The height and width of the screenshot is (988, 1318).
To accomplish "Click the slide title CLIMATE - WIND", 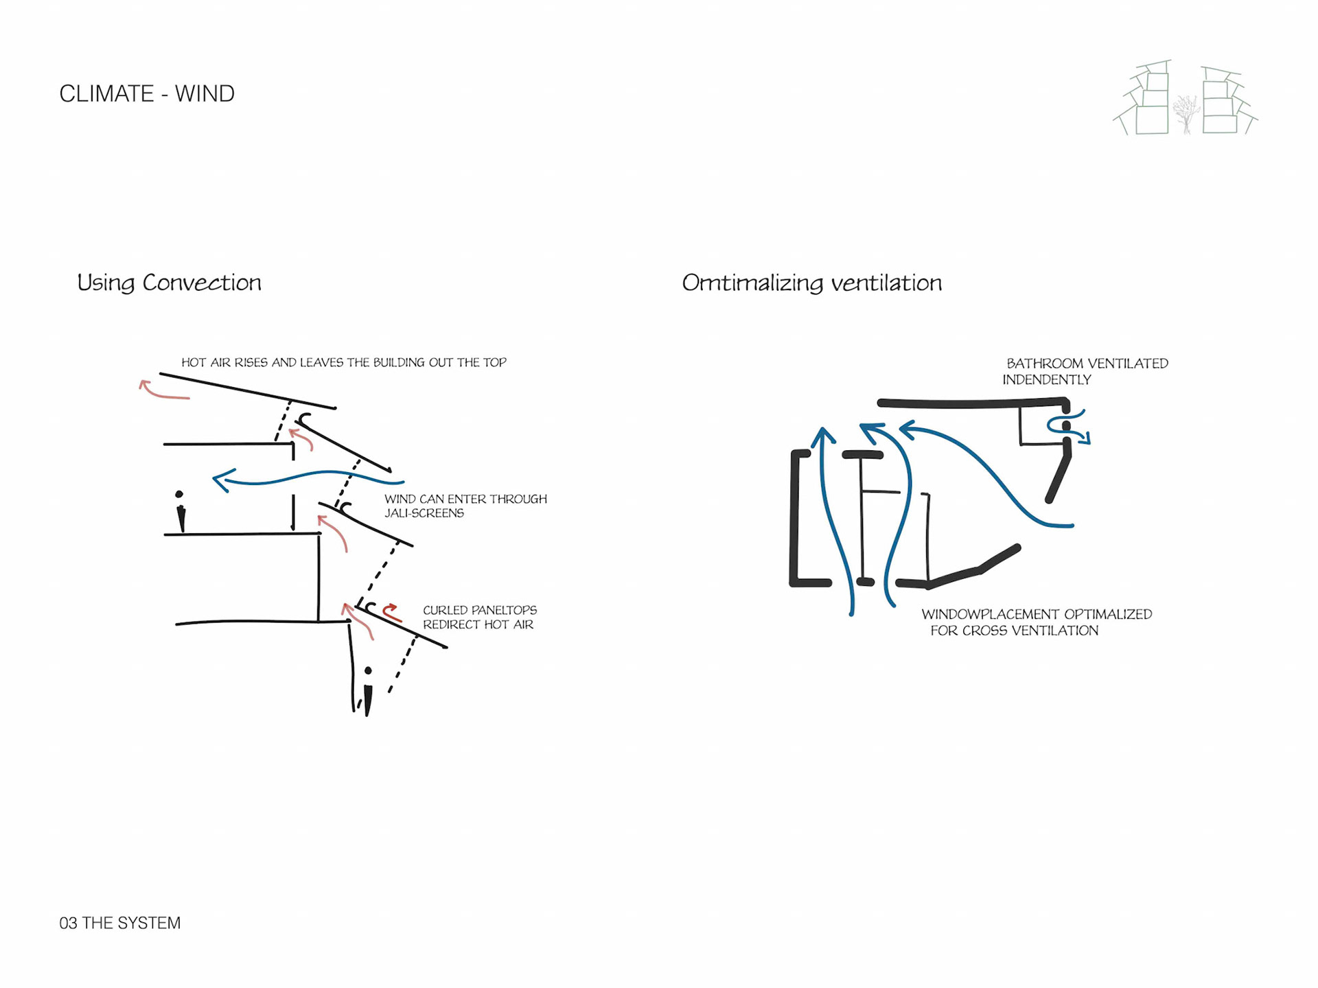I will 147,93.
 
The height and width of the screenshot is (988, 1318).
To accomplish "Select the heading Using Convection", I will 169,283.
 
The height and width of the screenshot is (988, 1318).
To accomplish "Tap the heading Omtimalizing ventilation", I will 811,283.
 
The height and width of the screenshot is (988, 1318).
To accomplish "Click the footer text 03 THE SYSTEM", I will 120,923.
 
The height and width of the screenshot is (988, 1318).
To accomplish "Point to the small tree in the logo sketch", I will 1186,113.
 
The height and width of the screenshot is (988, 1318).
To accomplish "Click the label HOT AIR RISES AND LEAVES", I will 343,362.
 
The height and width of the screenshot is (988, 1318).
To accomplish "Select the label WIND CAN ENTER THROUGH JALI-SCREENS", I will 465,506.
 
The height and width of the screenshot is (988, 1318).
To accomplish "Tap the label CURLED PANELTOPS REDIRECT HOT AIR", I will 479,617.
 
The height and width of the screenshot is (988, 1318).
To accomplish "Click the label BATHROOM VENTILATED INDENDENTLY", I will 1085,371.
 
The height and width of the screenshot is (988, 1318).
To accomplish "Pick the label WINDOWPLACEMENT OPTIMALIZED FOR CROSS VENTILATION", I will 1036,622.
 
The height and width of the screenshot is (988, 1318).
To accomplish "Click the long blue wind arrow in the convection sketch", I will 309,476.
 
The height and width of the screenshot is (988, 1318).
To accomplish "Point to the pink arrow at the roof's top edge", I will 162,391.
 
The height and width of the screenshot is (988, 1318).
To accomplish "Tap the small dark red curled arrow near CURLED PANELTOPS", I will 392,612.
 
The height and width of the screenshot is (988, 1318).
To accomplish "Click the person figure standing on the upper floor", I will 180,511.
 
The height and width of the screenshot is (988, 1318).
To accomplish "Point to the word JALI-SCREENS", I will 424,513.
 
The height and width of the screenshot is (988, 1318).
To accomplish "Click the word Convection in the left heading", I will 202,283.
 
